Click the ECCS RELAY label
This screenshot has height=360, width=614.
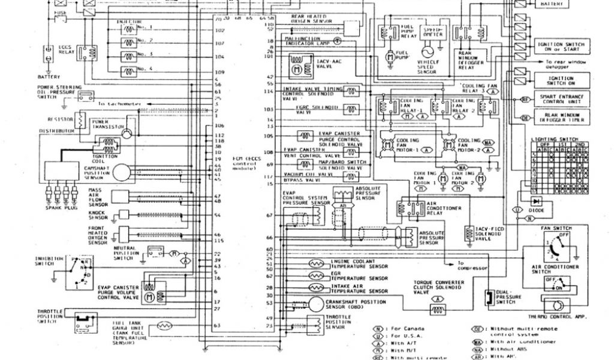(x=65, y=50)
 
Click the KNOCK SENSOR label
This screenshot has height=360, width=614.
(x=98, y=215)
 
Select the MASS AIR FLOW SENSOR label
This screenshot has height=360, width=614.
(x=98, y=197)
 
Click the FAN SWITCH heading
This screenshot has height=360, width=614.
(x=556, y=229)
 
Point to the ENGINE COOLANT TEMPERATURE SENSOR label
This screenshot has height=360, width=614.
(x=359, y=264)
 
